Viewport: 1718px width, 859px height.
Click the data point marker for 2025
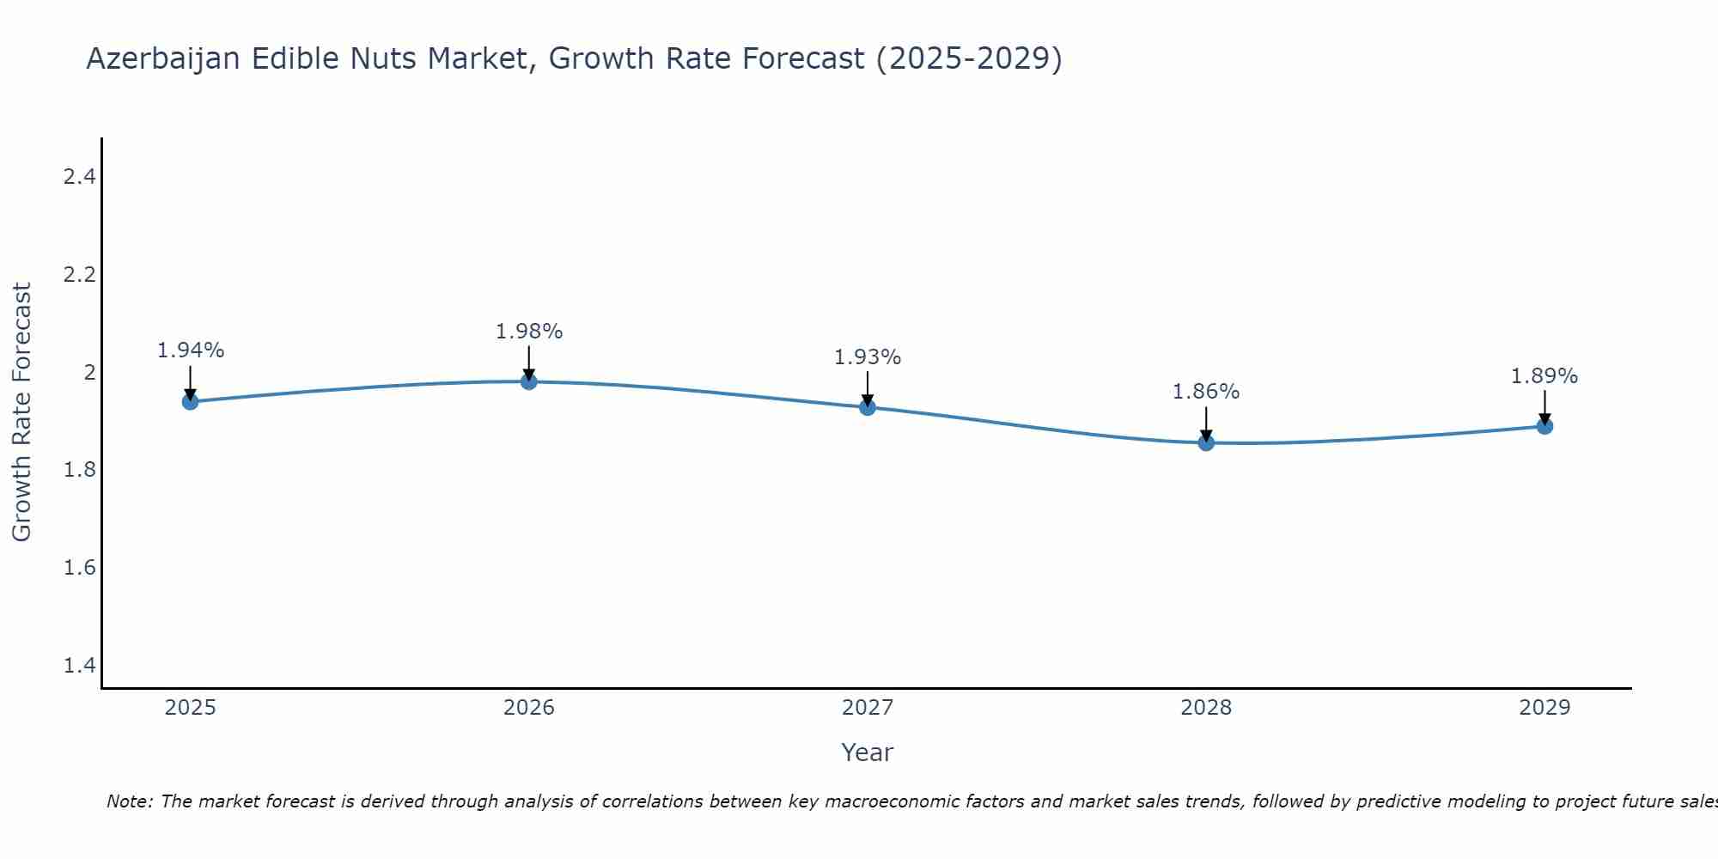tap(190, 401)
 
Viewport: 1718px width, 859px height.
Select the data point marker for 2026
tap(529, 381)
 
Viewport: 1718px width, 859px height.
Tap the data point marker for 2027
tap(868, 407)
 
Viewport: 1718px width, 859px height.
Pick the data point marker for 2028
tap(1206, 442)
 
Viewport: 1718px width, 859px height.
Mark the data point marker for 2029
tap(1544, 426)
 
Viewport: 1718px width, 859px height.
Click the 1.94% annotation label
tap(190, 350)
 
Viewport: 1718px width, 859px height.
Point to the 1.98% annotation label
tap(529, 332)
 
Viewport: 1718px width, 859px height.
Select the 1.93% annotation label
tap(868, 357)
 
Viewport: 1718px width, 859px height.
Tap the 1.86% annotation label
tap(1206, 392)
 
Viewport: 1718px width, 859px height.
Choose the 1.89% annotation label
tap(1544, 376)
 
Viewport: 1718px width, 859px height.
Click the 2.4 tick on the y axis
tap(79, 177)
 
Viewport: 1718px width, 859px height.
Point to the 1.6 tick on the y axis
tap(79, 568)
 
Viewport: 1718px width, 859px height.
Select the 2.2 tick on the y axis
tap(79, 275)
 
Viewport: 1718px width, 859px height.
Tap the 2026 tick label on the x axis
tap(529, 708)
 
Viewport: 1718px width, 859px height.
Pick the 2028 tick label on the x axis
tap(1206, 708)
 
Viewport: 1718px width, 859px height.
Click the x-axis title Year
tap(868, 752)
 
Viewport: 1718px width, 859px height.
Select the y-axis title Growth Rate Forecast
tap(22, 412)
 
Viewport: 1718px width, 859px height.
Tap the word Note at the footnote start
tap(129, 801)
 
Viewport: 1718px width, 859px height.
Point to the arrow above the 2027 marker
tap(868, 388)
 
